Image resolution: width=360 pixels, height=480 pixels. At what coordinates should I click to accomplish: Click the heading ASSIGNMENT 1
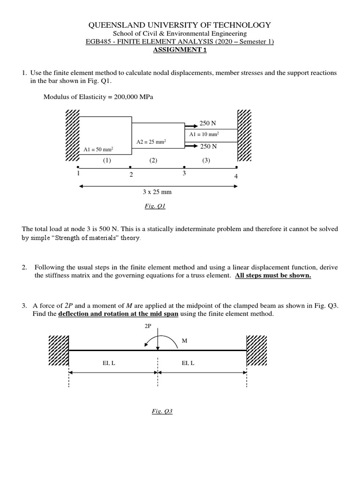click(x=180, y=50)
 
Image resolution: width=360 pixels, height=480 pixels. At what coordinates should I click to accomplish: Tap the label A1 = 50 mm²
click(x=98, y=150)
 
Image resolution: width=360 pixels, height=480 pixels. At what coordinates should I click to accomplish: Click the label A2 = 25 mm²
click(x=151, y=142)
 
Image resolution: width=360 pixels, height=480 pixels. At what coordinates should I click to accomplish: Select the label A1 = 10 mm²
click(x=204, y=134)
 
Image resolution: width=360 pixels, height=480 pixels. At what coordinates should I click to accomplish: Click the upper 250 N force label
click(x=208, y=123)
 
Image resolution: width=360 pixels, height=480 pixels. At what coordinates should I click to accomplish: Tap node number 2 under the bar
click(x=131, y=175)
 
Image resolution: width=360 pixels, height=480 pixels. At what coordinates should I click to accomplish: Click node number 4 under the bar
click(x=236, y=176)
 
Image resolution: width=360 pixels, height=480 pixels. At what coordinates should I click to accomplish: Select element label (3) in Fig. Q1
click(x=206, y=160)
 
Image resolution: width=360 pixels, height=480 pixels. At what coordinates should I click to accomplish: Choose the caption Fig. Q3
click(x=162, y=411)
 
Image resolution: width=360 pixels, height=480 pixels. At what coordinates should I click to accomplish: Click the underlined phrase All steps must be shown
click(x=273, y=276)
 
